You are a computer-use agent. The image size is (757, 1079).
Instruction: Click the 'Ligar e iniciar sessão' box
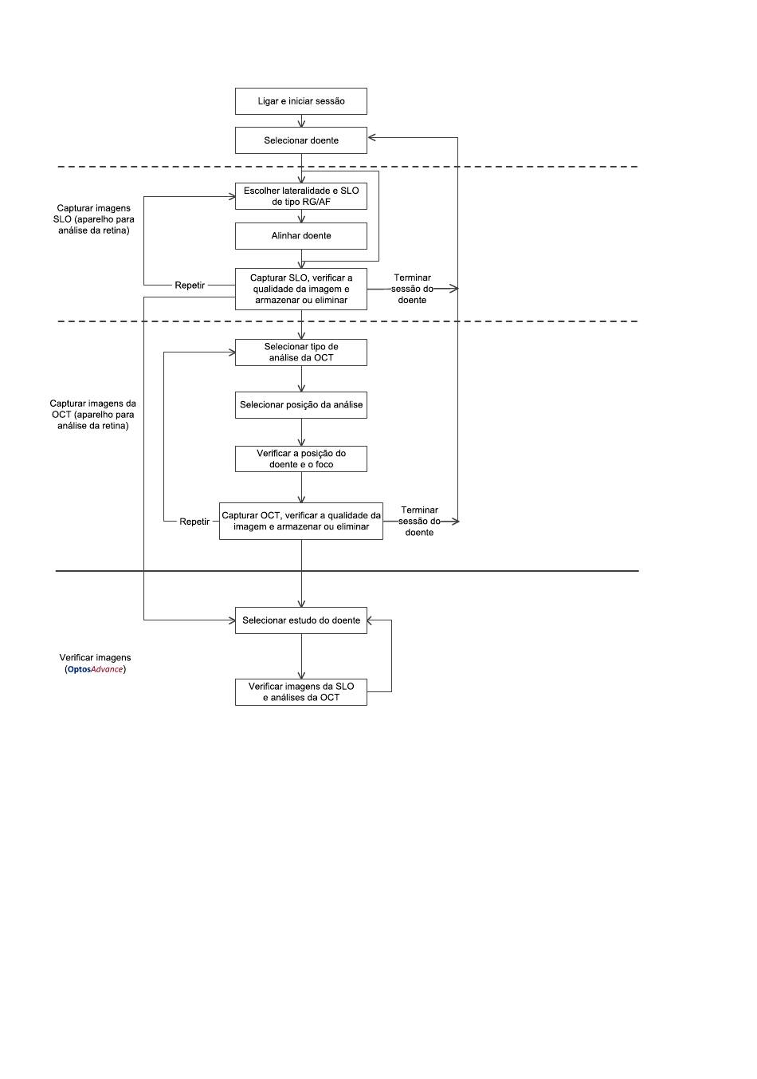(x=300, y=101)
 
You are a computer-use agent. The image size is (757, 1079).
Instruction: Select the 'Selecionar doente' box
(x=300, y=140)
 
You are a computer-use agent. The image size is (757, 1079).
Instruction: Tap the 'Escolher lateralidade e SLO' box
(x=300, y=196)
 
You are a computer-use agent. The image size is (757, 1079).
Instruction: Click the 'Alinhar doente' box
(x=300, y=235)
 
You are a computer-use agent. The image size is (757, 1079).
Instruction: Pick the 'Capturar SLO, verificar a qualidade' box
(x=300, y=289)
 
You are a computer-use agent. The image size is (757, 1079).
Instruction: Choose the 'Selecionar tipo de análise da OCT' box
(x=300, y=352)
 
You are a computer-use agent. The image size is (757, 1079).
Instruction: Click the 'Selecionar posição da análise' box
(x=300, y=404)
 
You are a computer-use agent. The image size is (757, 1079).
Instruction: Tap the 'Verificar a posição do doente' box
(x=300, y=459)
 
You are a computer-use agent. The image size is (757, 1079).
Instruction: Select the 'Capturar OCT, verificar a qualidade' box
(x=300, y=521)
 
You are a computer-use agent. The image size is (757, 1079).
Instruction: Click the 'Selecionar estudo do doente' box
(x=300, y=620)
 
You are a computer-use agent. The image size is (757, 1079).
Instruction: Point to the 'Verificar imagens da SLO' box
(x=300, y=691)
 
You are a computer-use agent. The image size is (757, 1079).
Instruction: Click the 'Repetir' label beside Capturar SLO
(x=190, y=286)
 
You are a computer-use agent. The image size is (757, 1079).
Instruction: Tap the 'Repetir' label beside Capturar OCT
(x=194, y=522)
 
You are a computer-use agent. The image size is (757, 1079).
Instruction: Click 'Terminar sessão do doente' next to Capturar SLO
(x=412, y=289)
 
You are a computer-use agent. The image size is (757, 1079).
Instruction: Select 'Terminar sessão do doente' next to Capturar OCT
(x=419, y=521)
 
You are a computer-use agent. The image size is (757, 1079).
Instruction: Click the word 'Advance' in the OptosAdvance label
(x=107, y=669)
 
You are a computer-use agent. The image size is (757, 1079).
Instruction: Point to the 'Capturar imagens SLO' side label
(x=94, y=219)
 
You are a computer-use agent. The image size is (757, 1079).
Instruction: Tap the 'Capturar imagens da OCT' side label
(x=93, y=414)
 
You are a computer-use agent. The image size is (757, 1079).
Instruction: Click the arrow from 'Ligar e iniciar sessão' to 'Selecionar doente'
(x=301, y=121)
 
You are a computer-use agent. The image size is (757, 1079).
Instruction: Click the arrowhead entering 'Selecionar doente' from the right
(x=371, y=138)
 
